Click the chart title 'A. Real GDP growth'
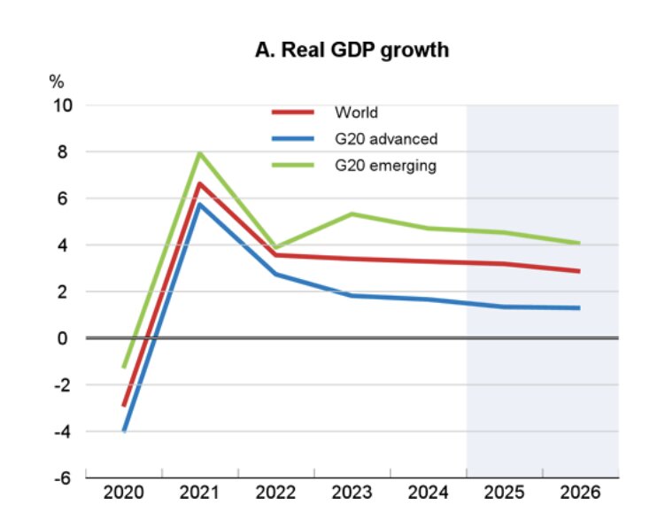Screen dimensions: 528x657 pyautogui.click(x=352, y=50)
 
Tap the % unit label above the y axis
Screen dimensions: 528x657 pyautogui.click(x=57, y=82)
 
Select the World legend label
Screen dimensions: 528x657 pyautogui.click(x=357, y=113)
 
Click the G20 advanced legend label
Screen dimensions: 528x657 pyautogui.click(x=387, y=139)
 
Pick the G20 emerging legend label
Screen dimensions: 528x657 pyautogui.click(x=386, y=166)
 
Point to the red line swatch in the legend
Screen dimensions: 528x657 pyautogui.click(x=293, y=113)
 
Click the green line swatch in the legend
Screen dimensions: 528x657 pyautogui.click(x=293, y=166)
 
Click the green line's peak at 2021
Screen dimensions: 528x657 pyautogui.click(x=200, y=153)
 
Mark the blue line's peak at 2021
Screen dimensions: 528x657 pyautogui.click(x=200, y=205)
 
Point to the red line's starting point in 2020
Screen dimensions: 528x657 pyautogui.click(x=124, y=405)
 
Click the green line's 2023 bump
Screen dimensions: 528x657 pyautogui.click(x=352, y=214)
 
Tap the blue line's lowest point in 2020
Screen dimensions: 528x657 pyautogui.click(x=124, y=431)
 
